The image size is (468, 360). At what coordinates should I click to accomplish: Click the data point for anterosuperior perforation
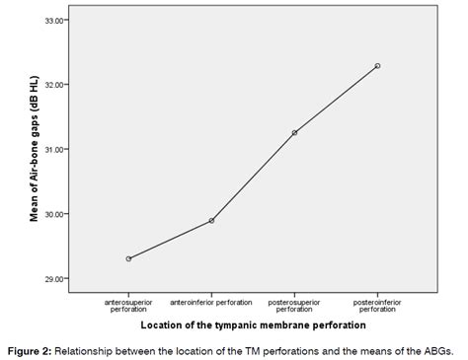129,258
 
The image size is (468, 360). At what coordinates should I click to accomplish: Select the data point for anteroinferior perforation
211,220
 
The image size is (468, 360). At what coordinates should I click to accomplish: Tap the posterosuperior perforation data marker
294,132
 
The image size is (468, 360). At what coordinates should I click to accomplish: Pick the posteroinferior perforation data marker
377,66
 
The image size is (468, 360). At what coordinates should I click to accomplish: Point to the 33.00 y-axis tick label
56,20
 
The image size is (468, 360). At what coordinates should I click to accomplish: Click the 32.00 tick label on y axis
56,85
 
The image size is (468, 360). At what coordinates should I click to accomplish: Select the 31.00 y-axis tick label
56,149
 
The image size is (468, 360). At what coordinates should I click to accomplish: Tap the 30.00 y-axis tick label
56,214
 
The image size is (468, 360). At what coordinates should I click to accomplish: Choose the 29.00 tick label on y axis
56,278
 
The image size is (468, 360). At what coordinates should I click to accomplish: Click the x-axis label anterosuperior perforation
129,303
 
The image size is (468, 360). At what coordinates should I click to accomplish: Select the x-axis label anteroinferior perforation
211,300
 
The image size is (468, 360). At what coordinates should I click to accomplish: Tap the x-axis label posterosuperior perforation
294,303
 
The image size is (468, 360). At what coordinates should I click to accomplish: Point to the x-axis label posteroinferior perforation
377,303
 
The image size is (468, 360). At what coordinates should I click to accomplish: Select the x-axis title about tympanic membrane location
253,324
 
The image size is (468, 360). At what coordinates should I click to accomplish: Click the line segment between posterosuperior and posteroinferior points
336,100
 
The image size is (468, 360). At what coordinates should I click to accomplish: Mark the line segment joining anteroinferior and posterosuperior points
253,177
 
